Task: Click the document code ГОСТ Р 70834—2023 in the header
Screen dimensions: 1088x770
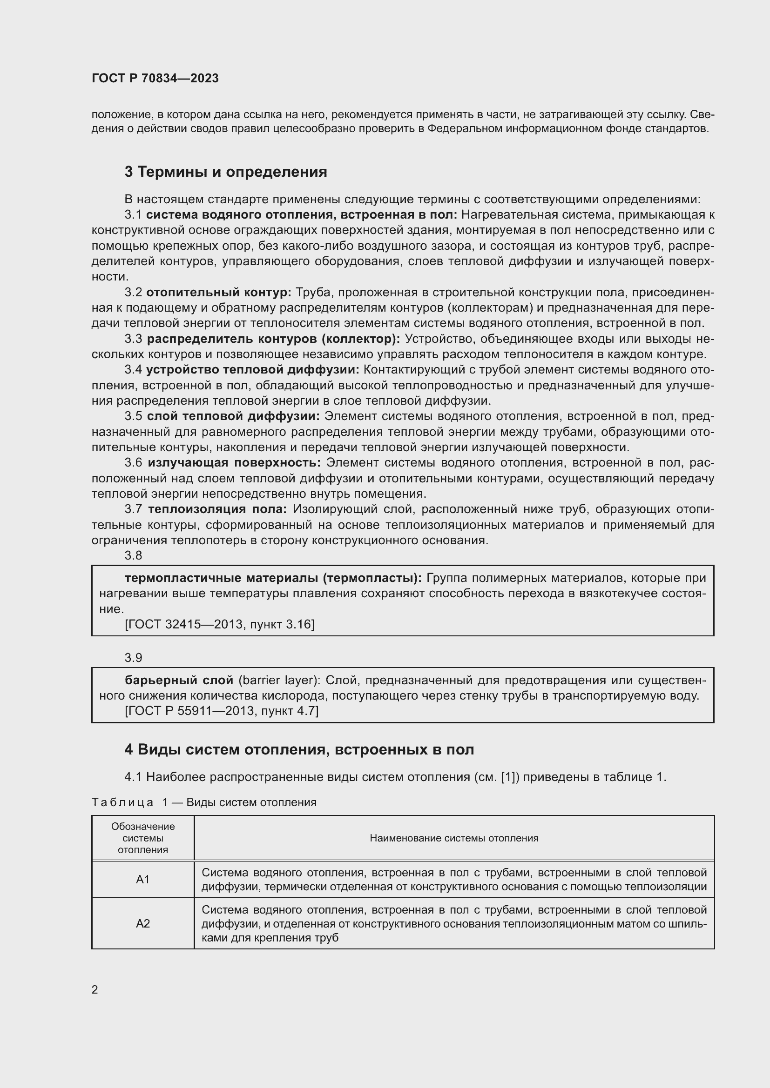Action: click(x=155, y=78)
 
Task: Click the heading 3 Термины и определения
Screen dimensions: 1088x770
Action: click(x=226, y=172)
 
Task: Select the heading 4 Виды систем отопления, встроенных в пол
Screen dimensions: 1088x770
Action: click(x=299, y=749)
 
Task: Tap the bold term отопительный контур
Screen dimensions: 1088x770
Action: click(x=219, y=293)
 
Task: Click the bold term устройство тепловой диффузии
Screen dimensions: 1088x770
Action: click(x=253, y=370)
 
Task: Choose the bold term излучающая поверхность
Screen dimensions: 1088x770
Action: click(x=234, y=462)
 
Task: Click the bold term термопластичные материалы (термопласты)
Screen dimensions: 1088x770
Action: click(x=273, y=578)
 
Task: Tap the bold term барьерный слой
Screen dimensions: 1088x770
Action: click(x=179, y=680)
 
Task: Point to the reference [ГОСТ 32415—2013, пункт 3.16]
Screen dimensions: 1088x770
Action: click(x=220, y=624)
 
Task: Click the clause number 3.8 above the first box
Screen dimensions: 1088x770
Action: click(x=133, y=555)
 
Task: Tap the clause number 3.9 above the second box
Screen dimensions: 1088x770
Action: click(x=133, y=658)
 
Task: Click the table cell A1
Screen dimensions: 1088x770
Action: click(x=143, y=880)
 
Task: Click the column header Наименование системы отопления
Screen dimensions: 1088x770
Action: click(x=454, y=838)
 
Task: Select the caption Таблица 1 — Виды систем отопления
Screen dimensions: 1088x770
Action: click(x=204, y=802)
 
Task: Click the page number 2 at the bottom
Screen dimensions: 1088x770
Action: click(x=95, y=990)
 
